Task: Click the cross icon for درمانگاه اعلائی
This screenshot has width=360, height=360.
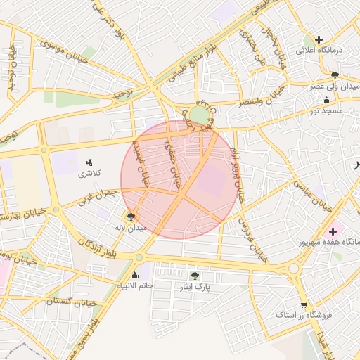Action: (x=319, y=39)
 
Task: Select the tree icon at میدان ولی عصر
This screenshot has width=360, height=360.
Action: (x=334, y=75)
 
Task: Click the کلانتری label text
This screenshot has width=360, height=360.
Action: (x=89, y=173)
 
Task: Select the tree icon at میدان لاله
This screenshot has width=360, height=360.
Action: (x=131, y=217)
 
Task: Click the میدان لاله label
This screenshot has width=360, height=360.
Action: (x=133, y=228)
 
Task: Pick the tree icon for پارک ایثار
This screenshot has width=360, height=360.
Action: (x=195, y=276)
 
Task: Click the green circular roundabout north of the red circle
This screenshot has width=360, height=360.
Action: (x=200, y=115)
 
